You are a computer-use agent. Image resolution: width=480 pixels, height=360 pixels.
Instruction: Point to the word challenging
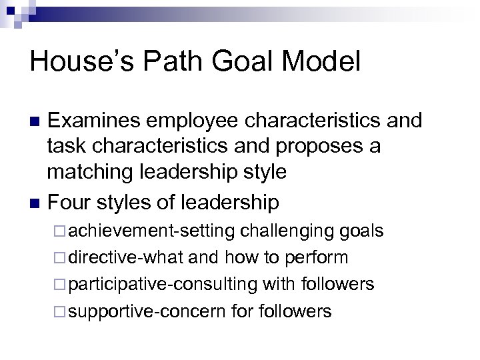tap(287, 231)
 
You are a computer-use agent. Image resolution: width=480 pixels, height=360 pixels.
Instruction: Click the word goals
tap(361, 231)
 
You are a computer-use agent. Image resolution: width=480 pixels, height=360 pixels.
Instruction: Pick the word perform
tap(317, 257)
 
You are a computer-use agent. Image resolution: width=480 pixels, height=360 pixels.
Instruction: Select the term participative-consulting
tap(163, 285)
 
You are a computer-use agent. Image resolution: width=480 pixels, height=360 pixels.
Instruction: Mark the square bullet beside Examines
tap(36, 121)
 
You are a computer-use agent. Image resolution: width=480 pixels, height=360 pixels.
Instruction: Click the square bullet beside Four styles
tap(36, 201)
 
